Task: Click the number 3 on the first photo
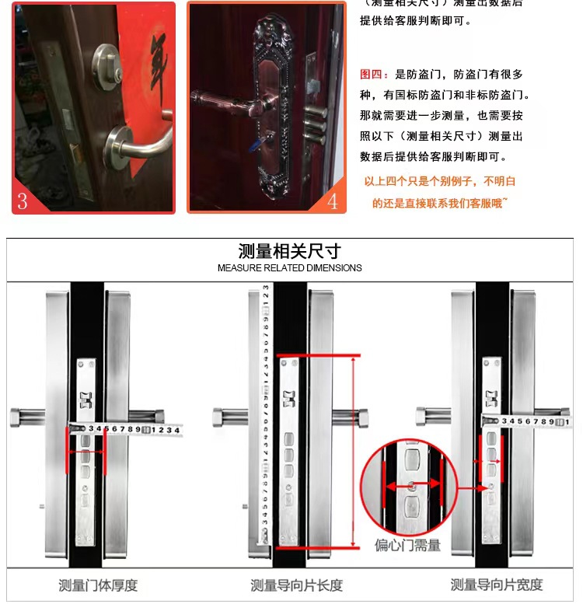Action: (x=23, y=201)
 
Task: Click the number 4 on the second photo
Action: (x=332, y=201)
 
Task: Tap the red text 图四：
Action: (x=377, y=75)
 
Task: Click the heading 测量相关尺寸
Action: (x=289, y=251)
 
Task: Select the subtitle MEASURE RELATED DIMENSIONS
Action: (x=289, y=268)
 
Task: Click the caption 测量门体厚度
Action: (x=98, y=585)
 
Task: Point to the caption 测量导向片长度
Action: (x=296, y=585)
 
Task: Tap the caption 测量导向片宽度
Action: (x=497, y=585)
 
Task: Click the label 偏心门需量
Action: (x=407, y=545)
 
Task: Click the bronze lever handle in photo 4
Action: (x=233, y=100)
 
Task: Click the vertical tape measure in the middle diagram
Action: (x=265, y=412)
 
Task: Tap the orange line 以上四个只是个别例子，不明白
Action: (x=440, y=182)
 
